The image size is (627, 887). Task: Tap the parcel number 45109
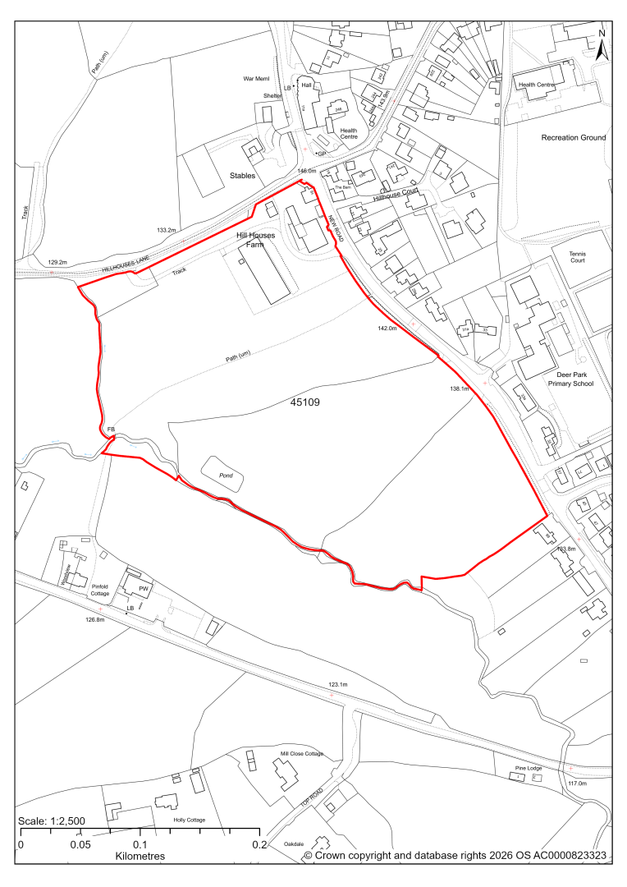click(304, 403)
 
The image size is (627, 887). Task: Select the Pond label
click(222, 476)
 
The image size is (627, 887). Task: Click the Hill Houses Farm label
click(255, 240)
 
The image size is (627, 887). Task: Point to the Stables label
click(242, 176)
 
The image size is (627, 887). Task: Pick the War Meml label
click(256, 80)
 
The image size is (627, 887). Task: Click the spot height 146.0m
click(307, 171)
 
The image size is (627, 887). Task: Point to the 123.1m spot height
click(338, 684)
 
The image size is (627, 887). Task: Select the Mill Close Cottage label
click(301, 753)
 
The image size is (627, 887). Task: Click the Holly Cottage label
click(189, 820)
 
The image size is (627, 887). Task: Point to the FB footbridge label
click(110, 430)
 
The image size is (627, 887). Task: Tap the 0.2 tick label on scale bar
click(259, 844)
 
